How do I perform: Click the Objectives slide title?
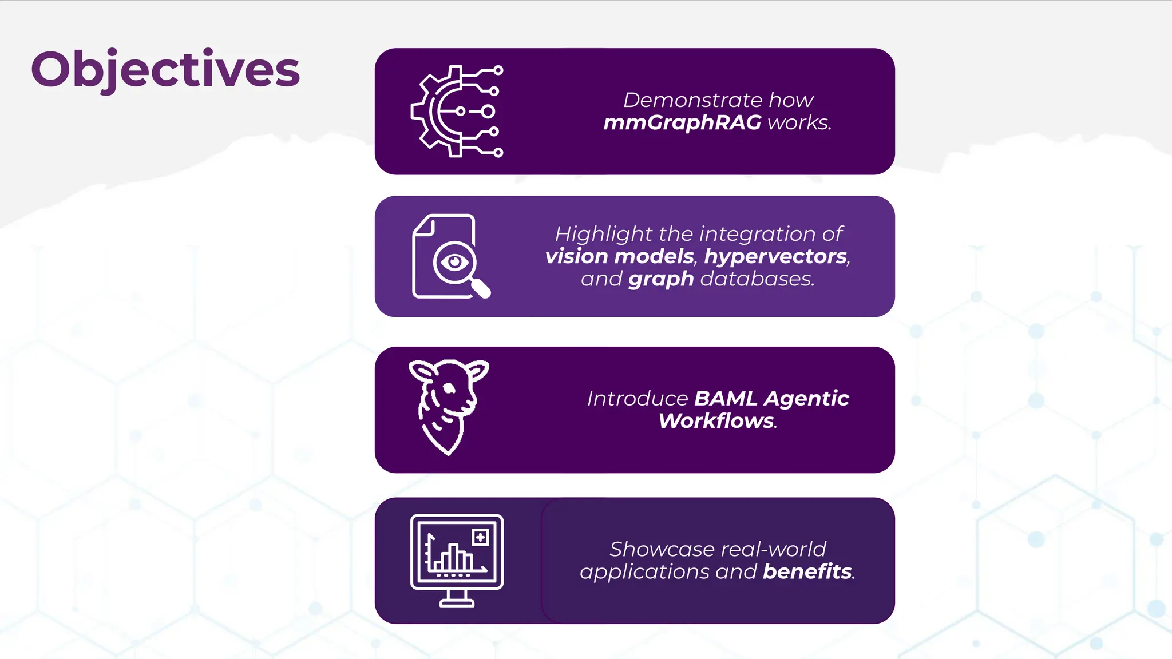pos(165,69)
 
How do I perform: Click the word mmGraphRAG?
pos(682,122)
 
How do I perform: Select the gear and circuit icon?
pos(456,112)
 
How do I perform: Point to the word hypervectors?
pos(775,256)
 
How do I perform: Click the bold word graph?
pos(661,279)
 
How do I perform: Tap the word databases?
pos(757,279)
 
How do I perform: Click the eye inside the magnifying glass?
pos(455,263)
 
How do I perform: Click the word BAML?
pos(725,398)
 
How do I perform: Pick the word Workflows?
pos(716,421)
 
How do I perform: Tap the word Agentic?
pos(806,398)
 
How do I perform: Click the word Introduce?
pos(637,398)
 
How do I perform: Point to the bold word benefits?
pos(807,571)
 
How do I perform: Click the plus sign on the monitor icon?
pos(480,537)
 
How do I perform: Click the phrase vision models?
pos(619,256)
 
